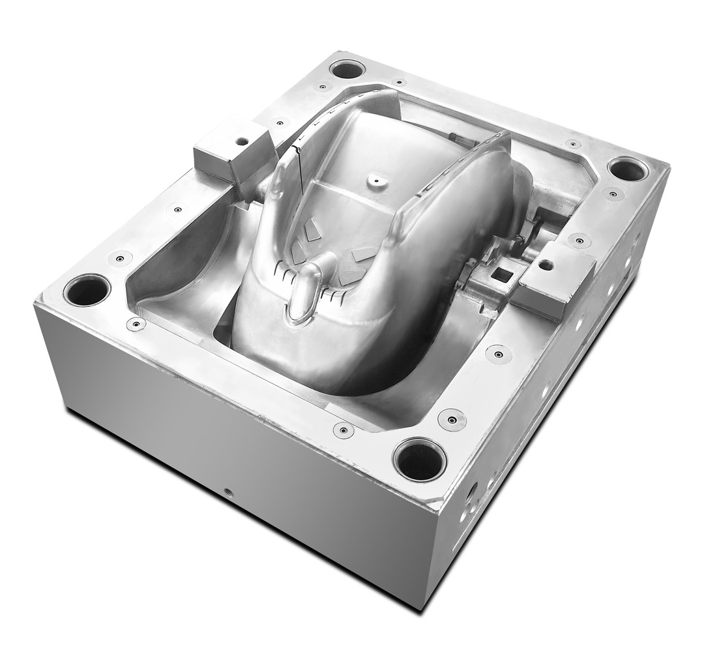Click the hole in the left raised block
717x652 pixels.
click(242, 140)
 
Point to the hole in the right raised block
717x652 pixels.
click(546, 265)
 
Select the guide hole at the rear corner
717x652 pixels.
click(346, 68)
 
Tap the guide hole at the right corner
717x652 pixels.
click(628, 168)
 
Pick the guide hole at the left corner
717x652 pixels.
click(87, 289)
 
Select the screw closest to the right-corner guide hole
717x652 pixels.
click(612, 192)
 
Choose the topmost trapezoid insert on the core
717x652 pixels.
click(314, 227)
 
